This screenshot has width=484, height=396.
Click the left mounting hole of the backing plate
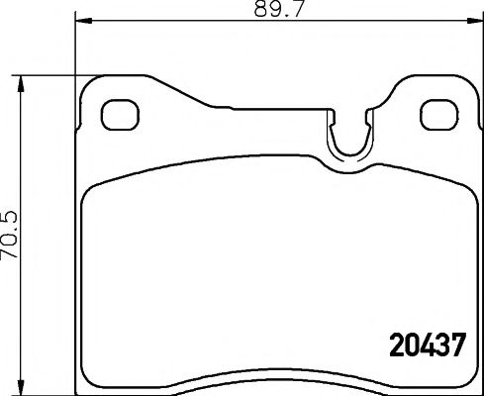[x=119, y=113]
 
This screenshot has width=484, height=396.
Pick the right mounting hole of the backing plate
[x=435, y=113]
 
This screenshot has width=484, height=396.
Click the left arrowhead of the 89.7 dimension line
[x=82, y=19]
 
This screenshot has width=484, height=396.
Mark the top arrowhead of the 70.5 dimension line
[x=22, y=79]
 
